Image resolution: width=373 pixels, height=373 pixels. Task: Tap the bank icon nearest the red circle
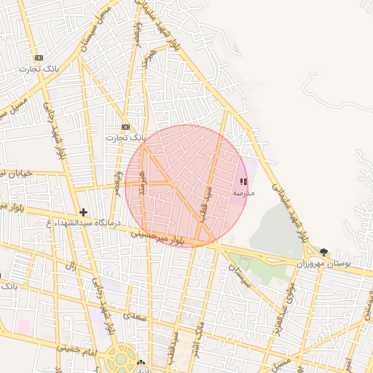click(126, 127)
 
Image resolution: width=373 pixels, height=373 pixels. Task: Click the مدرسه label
click(243, 193)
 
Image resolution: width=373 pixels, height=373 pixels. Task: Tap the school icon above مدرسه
click(243, 181)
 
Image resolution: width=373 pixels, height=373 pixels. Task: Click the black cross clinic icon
click(84, 212)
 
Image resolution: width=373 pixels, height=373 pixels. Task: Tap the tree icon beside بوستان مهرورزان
click(323, 252)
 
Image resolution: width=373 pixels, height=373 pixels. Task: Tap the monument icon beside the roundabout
click(141, 362)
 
